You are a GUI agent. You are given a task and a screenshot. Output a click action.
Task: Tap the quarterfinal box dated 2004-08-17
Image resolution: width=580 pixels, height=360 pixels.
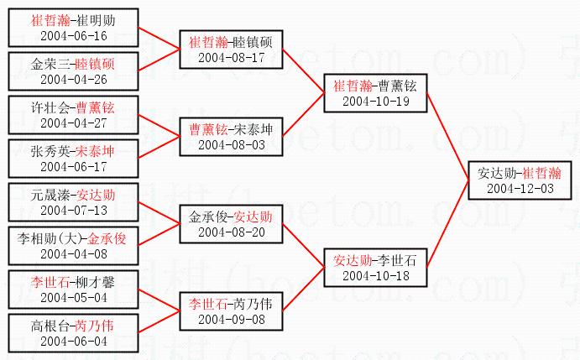point(230,50)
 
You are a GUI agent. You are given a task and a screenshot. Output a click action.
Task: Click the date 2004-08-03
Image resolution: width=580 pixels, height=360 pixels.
point(230,144)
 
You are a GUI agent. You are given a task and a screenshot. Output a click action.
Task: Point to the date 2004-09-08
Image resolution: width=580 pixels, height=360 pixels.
point(230,319)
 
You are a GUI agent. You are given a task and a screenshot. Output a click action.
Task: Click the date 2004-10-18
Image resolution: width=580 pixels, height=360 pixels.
point(374,274)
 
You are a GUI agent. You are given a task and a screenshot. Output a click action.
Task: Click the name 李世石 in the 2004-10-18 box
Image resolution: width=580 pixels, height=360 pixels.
point(400,260)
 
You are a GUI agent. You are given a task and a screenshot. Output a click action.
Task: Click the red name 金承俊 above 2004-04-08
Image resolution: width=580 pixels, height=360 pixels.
point(107,238)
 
